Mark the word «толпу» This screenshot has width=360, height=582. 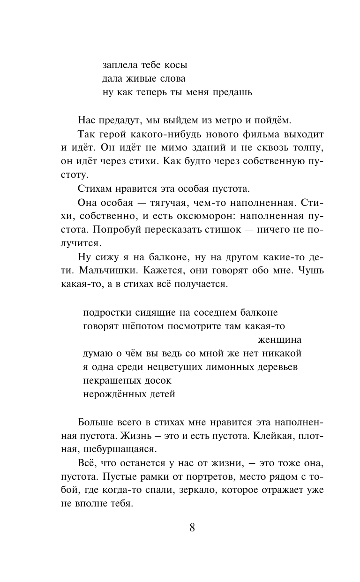(309, 148)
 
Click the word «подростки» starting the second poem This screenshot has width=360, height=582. (110, 312)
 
